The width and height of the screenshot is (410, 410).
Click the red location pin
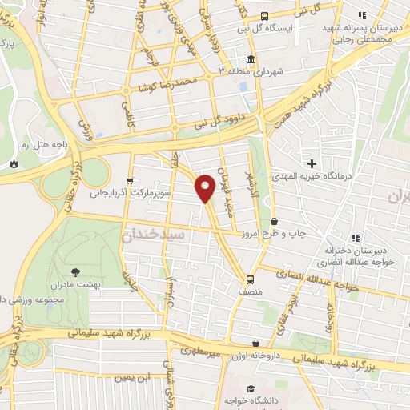coord(205,188)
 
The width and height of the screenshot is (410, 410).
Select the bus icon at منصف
coord(251,279)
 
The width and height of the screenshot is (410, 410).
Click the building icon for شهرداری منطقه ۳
coord(251,60)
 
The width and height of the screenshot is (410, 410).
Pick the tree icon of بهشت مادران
coord(76,272)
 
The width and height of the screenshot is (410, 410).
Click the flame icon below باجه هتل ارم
coord(14,163)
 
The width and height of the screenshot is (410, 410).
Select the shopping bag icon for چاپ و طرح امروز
coord(275,222)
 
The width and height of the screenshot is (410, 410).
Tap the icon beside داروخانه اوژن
coord(255,344)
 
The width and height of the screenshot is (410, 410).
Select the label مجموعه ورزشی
coord(34,299)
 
